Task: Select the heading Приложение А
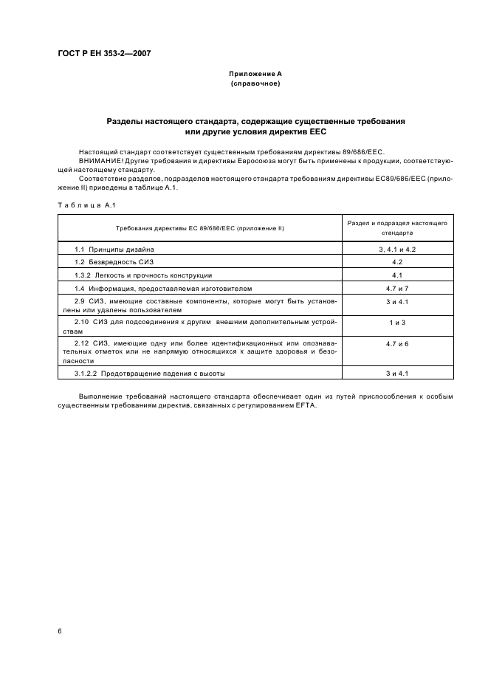click(255, 74)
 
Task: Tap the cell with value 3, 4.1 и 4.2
click(396, 250)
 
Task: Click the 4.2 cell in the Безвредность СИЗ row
click(396, 262)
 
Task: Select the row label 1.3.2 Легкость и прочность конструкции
click(143, 275)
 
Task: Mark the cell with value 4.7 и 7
click(396, 287)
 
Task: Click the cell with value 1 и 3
click(396, 323)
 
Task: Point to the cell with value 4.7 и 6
click(396, 344)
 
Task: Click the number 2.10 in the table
click(82, 323)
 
